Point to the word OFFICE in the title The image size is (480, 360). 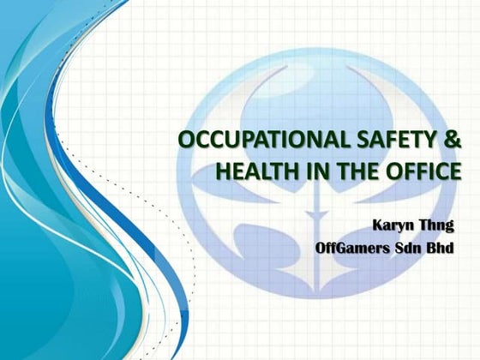(418, 171)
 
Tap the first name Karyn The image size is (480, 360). (393, 225)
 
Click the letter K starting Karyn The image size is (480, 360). (376, 225)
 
